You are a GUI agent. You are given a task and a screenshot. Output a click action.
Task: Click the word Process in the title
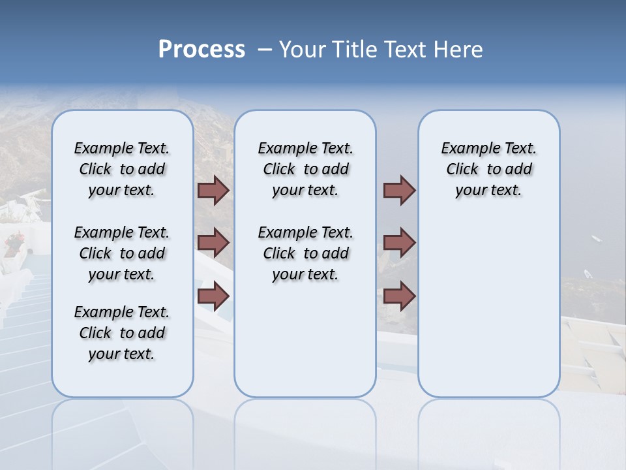[201, 50]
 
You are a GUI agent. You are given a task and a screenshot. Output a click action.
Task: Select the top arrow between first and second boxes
[213, 190]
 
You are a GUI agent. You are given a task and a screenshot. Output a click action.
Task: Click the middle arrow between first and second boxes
[213, 243]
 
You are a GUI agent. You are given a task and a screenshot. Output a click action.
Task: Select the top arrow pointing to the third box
[399, 190]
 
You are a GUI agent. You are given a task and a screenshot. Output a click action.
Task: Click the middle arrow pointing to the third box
[399, 243]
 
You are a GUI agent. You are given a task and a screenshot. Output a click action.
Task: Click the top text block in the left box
[122, 169]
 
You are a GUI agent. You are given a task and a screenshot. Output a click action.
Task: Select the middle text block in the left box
[122, 253]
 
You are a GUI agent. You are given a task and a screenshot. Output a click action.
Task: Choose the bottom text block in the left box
[122, 333]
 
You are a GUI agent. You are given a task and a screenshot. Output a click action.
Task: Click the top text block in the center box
[305, 169]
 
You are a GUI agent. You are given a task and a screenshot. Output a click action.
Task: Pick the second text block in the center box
[305, 253]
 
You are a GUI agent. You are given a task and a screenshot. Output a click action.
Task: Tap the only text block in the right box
[488, 169]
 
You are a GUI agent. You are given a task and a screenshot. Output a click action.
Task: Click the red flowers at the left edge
[13, 243]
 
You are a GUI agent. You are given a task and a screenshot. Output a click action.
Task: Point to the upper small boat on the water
[596, 239]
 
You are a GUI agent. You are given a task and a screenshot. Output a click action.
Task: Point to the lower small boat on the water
[588, 274]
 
